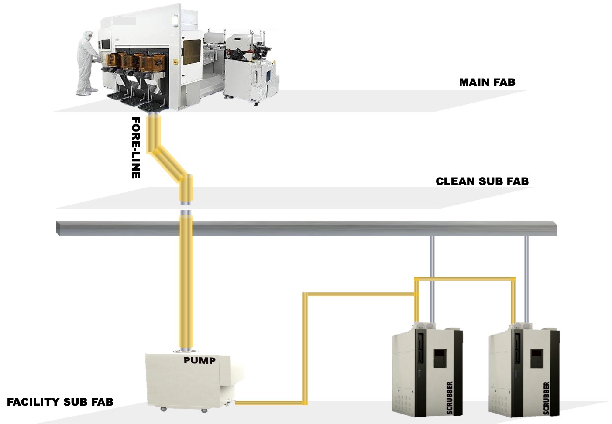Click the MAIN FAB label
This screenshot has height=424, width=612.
(x=487, y=82)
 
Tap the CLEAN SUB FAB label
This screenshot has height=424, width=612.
(x=482, y=181)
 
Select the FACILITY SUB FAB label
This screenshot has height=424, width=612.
(x=60, y=402)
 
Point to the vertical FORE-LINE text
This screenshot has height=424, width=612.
(x=136, y=147)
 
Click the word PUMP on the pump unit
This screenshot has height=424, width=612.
(x=199, y=360)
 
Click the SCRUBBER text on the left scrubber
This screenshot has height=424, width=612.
(x=450, y=397)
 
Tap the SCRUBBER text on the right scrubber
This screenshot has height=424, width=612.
(x=546, y=397)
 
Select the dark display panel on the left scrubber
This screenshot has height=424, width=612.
(x=440, y=358)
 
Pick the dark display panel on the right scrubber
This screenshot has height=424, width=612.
(x=536, y=358)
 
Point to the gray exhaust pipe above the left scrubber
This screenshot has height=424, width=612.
(x=432, y=257)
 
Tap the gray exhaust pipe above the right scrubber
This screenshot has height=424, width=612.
(x=526, y=257)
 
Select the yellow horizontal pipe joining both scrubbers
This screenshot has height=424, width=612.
(x=465, y=278)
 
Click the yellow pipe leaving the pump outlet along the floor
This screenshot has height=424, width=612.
(x=268, y=403)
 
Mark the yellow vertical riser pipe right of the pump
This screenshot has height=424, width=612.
(x=305, y=349)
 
